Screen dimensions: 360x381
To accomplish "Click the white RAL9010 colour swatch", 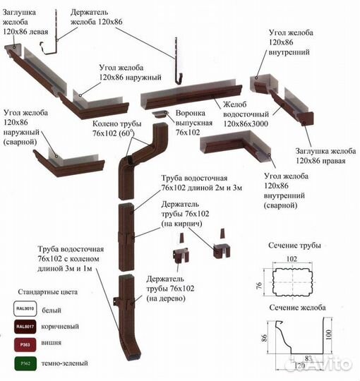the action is [25, 308].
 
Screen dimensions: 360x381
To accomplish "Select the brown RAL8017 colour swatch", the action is [25, 327].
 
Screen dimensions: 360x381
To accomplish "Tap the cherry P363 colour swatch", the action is [25, 344].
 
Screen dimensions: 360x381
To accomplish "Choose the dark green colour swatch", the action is [25, 363].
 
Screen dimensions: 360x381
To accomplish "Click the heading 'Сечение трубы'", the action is [294, 246].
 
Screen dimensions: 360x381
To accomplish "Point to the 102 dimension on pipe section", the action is [292, 259].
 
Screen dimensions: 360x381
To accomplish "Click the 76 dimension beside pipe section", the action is [259, 285].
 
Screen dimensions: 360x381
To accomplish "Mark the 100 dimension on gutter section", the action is [328, 334].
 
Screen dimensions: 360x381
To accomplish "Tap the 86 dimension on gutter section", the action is [265, 338].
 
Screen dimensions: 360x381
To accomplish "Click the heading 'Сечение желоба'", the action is [297, 308].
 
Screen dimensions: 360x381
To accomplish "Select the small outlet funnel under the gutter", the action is [160, 114].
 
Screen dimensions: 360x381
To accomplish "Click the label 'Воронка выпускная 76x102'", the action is [194, 123].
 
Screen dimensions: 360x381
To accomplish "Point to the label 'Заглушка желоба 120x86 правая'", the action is [325, 156].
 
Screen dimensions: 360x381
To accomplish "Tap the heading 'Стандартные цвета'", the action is [47, 292].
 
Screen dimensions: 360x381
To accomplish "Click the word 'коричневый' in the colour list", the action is [60, 327].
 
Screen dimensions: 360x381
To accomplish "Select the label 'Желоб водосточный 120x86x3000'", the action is [246, 114].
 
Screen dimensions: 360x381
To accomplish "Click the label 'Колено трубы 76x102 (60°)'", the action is [117, 128].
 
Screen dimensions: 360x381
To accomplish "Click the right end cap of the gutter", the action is [307, 119].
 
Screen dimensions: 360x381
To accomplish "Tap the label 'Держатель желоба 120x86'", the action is [97, 17].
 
